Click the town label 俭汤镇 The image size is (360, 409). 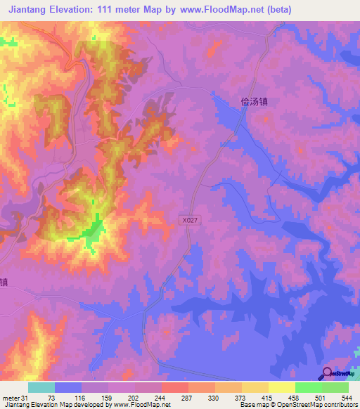[255, 101]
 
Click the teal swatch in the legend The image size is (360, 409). [41, 387]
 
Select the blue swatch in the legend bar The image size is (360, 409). [68, 387]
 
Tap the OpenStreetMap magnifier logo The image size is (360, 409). [326, 372]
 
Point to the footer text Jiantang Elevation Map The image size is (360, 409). [35, 404]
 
